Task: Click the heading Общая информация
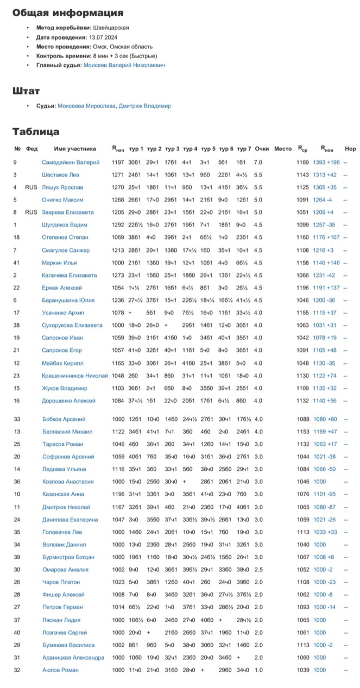(68, 12)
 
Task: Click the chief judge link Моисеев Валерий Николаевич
(124, 65)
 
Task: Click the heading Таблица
(36, 132)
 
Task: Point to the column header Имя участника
(75, 149)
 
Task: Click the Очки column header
(262, 149)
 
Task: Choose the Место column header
(283, 149)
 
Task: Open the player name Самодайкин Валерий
(71, 162)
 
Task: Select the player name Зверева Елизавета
(68, 212)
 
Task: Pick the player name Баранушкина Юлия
(68, 300)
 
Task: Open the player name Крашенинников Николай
(75, 375)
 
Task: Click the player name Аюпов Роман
(60, 671)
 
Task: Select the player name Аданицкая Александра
(73, 658)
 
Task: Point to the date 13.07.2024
(105, 37)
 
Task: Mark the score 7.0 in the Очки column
(258, 162)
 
